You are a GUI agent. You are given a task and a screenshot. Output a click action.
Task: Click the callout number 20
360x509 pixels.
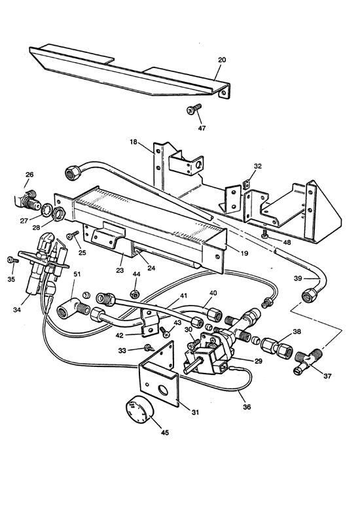pos(221,59)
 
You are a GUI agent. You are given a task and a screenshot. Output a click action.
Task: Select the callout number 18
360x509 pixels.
pos(134,141)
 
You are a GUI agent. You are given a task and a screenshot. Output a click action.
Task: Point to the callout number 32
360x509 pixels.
pos(258,166)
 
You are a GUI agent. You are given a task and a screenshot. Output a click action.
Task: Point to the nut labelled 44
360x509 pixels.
pos(135,292)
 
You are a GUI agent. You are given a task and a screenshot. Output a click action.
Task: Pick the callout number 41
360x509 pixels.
pos(165,296)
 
